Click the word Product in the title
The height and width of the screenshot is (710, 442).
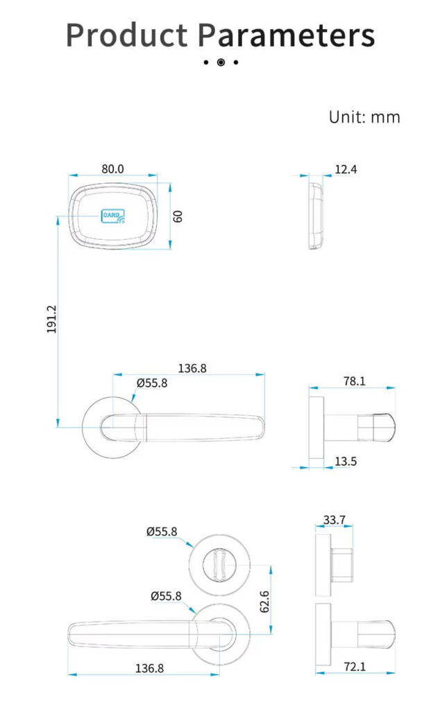[x=126, y=35]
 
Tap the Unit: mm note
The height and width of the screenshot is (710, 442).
[x=364, y=117]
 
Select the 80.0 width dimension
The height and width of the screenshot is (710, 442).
[x=112, y=168]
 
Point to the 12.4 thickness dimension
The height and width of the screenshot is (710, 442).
[x=346, y=168]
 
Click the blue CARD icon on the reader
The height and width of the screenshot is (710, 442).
[x=114, y=216]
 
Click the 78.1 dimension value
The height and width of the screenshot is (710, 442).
[x=354, y=381]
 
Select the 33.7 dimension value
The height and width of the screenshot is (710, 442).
[x=334, y=519]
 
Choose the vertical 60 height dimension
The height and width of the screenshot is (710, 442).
[x=178, y=216]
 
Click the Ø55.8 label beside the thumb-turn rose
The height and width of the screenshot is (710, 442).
[x=162, y=532]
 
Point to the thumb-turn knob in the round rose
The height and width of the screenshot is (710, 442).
[x=219, y=564]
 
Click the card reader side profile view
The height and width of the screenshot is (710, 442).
[x=316, y=215]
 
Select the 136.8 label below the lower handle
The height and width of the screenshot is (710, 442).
[x=149, y=668]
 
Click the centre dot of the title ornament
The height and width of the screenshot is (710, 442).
[x=221, y=62]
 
